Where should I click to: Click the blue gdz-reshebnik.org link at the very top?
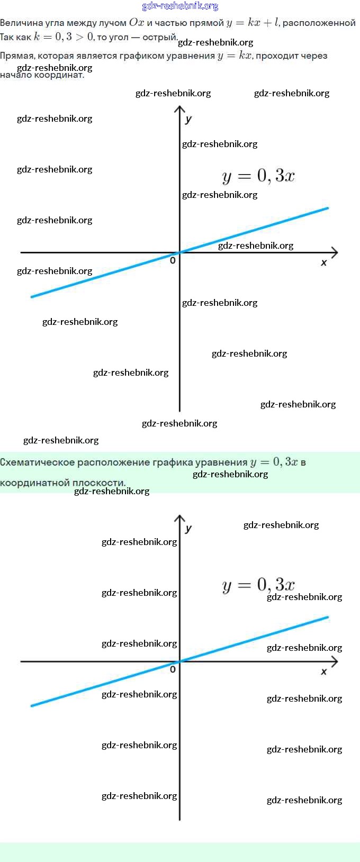180,6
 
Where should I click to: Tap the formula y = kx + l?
253,23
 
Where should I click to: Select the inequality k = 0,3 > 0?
64,37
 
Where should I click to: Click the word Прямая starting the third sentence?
17,56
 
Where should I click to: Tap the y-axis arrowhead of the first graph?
180,109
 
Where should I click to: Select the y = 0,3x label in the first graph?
258,176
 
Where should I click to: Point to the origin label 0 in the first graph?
173,260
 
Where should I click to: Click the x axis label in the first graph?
324,262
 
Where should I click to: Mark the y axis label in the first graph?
188,119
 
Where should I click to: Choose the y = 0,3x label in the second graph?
258,585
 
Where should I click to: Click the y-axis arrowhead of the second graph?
180,518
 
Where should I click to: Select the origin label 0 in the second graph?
173,669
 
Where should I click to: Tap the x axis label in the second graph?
324,672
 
